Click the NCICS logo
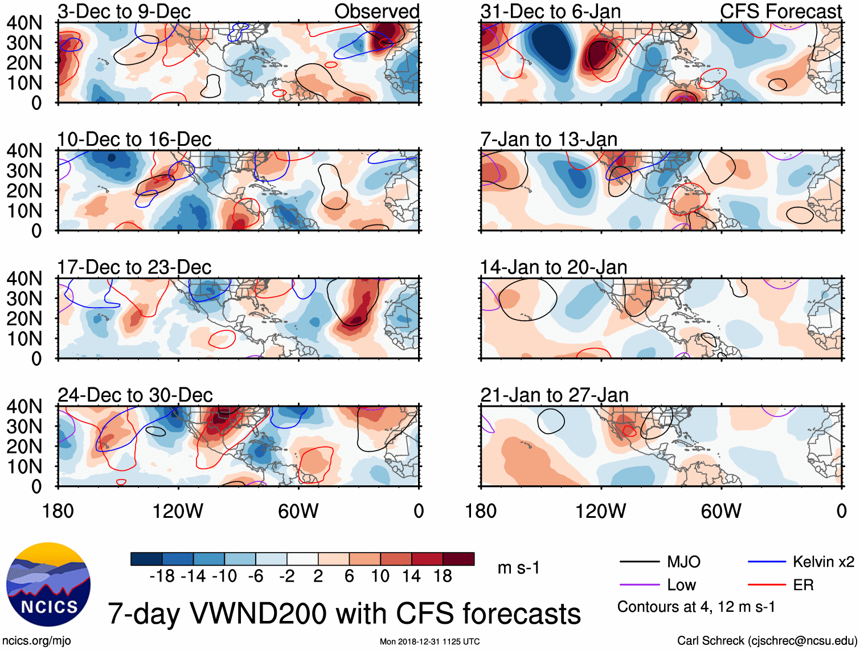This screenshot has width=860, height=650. click(x=48, y=584)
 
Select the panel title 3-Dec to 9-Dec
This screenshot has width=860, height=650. click(x=124, y=11)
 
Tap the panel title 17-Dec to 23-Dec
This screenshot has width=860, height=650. click(x=134, y=267)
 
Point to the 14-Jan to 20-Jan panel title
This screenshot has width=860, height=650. click(x=554, y=267)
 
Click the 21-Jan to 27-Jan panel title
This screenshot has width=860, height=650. click(x=554, y=395)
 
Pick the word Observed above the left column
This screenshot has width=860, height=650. click(x=376, y=11)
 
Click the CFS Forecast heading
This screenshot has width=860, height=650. click(x=780, y=11)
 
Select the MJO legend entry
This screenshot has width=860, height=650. click(x=683, y=562)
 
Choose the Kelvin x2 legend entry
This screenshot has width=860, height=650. click(x=823, y=562)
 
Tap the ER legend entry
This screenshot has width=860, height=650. click(x=803, y=585)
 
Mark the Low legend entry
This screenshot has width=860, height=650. click(x=681, y=585)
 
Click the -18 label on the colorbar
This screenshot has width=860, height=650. click(x=162, y=577)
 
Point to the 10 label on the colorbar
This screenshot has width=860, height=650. click(x=380, y=577)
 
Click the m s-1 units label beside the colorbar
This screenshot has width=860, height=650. click(x=518, y=568)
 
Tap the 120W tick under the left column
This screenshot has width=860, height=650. click(x=178, y=511)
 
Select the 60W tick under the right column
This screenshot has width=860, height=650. click(x=721, y=511)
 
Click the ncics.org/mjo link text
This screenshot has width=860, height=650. click(x=36, y=641)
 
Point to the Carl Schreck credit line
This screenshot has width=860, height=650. click(x=765, y=641)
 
